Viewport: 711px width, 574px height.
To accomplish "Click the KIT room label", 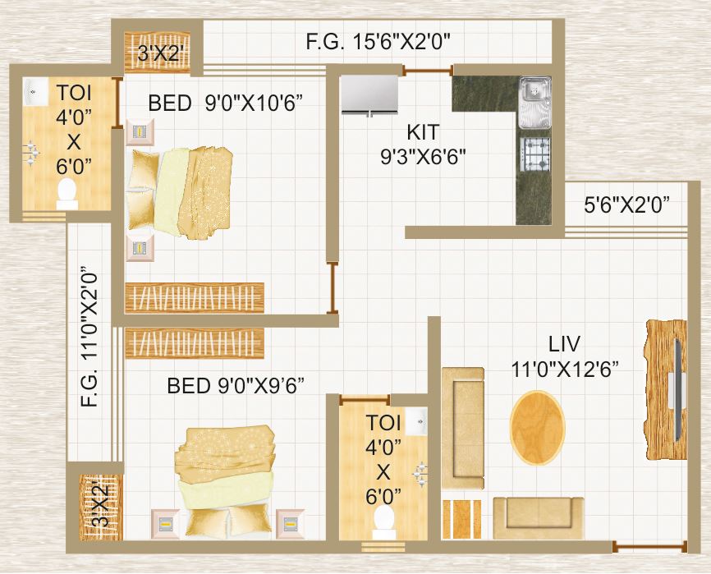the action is tap(423, 132).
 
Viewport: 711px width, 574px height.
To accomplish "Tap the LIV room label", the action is tap(564, 344).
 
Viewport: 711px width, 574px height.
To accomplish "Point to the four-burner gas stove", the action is tap(535, 154).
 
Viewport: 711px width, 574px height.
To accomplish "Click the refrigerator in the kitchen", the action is tap(369, 94).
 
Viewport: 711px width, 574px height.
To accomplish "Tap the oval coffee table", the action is tap(538, 427).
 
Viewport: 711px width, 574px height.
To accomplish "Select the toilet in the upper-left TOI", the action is tap(67, 194).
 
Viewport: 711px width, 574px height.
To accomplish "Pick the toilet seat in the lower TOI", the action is tap(384, 518).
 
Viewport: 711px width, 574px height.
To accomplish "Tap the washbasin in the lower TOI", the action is tap(416, 421).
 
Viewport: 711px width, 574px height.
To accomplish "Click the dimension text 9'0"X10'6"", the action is tap(254, 103).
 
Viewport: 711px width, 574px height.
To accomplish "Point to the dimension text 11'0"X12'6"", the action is tap(565, 369).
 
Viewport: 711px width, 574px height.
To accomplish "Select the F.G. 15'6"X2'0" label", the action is tap(378, 42).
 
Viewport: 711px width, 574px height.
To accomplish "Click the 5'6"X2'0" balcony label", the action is tap(626, 205).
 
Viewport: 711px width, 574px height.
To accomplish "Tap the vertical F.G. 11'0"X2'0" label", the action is tap(89, 336).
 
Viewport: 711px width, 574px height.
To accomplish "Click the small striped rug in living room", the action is tap(461, 519).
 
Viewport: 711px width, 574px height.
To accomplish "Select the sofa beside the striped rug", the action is tap(539, 518).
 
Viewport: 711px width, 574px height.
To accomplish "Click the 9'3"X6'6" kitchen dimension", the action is tap(423, 157).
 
